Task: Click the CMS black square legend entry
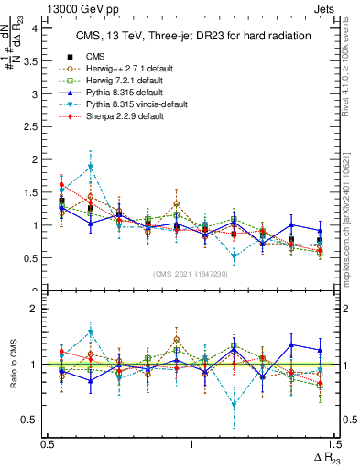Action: click(x=94, y=58)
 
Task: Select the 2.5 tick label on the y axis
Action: click(x=35, y=126)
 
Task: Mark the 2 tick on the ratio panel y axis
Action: click(x=38, y=309)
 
